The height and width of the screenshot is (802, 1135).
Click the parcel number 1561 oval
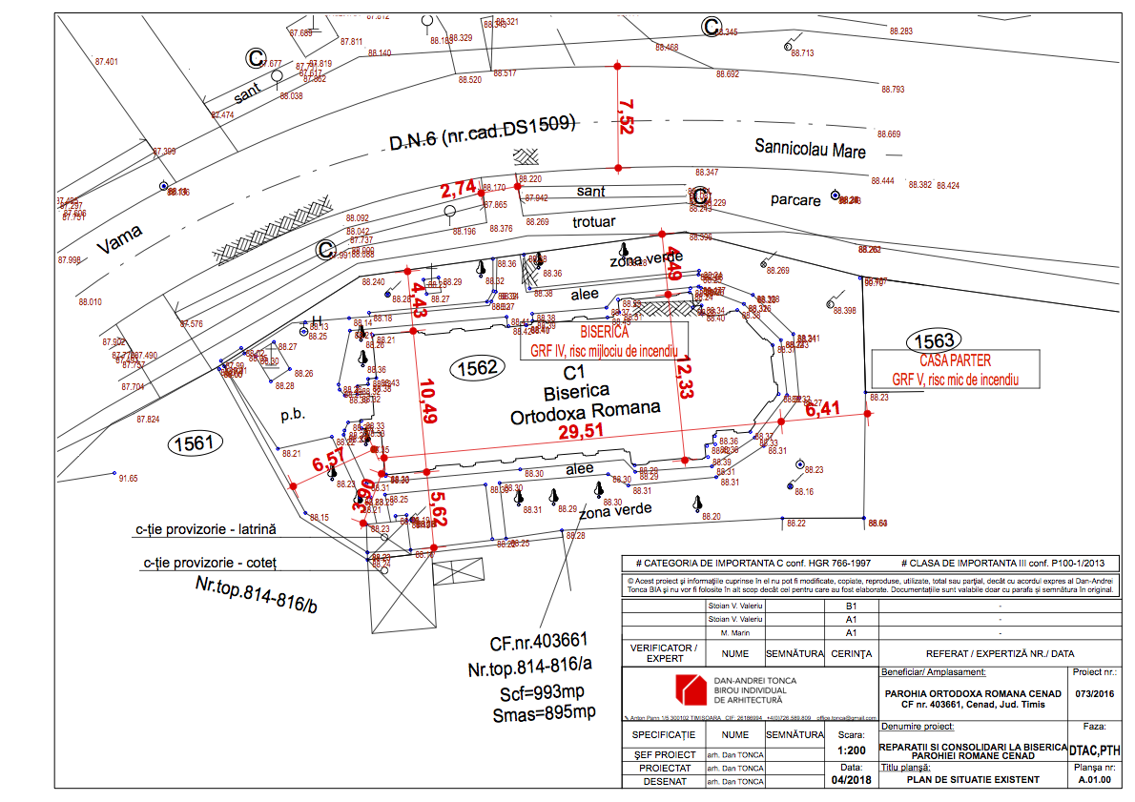click(x=195, y=442)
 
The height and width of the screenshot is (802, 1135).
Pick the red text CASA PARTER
click(x=955, y=361)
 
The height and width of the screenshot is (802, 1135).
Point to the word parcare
click(x=795, y=200)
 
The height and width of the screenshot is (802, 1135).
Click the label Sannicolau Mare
click(x=810, y=150)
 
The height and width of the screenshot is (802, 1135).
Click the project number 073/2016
click(x=1093, y=693)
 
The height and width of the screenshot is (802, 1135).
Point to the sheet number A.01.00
click(x=1093, y=780)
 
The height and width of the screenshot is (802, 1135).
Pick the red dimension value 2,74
click(x=458, y=189)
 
